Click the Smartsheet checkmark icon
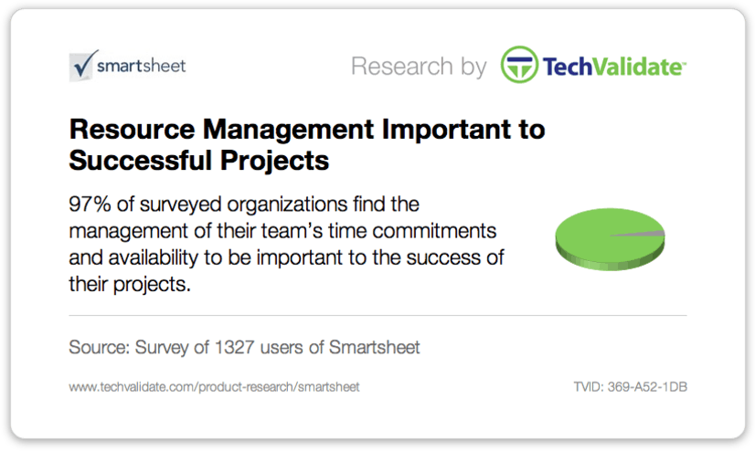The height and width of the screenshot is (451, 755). click(83, 66)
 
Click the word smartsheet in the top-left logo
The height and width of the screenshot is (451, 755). click(141, 66)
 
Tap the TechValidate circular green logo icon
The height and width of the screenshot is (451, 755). click(519, 65)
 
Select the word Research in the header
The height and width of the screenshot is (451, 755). click(402, 66)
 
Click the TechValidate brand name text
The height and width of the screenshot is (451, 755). click(614, 67)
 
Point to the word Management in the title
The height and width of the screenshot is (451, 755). click(289, 130)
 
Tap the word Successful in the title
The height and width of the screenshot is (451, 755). click(141, 161)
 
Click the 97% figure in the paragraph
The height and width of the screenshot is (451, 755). click(90, 205)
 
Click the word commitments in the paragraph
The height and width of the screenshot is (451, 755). click(434, 231)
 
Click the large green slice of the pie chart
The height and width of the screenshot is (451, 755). click(597, 236)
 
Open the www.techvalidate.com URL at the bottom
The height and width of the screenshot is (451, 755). click(214, 387)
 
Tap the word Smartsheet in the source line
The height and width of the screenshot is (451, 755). click(374, 347)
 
